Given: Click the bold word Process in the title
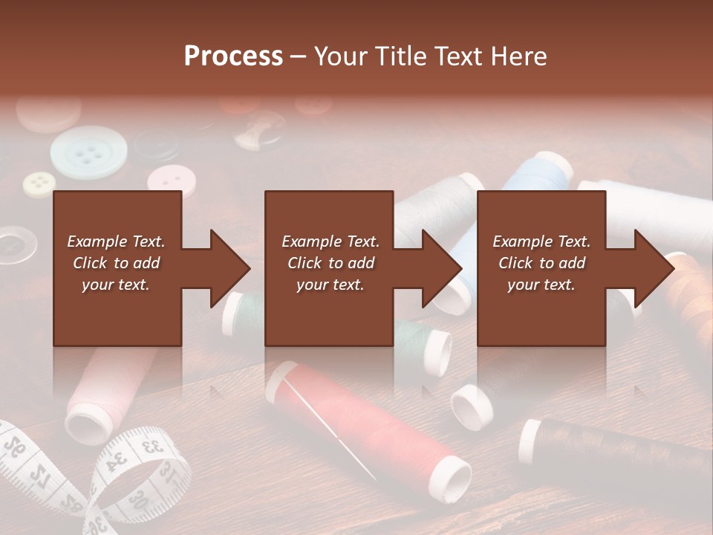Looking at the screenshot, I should point(233,56).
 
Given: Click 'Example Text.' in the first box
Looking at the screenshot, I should point(116,241).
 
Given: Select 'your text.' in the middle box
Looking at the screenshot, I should point(330,285).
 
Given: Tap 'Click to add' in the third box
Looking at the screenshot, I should point(541,263).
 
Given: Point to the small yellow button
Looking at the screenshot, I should point(39,184).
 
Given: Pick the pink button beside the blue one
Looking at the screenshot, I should point(172,181).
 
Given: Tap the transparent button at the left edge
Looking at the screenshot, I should point(13,244).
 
